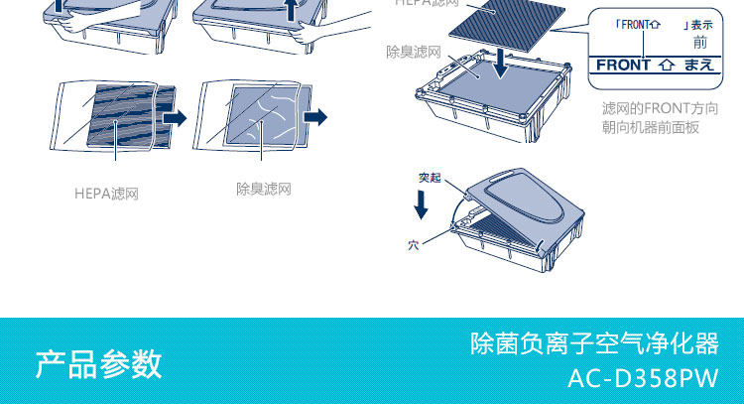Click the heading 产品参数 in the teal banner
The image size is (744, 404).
tap(98, 363)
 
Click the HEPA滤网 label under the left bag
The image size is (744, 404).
tap(106, 194)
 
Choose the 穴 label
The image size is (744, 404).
tap(413, 243)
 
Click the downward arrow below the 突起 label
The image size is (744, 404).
tap(422, 204)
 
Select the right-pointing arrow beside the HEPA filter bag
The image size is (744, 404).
tap(175, 119)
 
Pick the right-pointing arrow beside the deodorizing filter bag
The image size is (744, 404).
tap(315, 118)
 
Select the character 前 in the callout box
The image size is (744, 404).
tap(700, 42)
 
